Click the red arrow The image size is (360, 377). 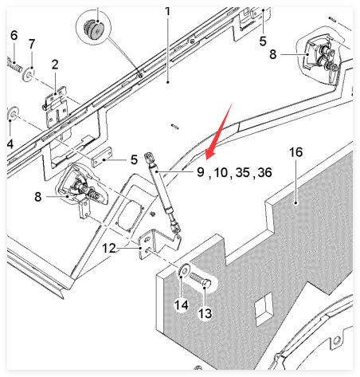(219, 132)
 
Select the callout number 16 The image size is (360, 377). (295, 152)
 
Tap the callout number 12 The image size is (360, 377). (109, 249)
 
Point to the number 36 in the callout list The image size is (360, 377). (264, 173)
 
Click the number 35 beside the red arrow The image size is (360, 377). (243, 173)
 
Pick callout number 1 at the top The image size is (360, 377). (167, 11)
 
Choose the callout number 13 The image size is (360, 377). (205, 313)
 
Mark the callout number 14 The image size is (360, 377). (182, 305)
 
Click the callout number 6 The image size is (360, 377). (14, 36)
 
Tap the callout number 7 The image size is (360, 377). (32, 44)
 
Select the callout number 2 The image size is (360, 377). (55, 65)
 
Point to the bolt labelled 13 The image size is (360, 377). (201, 281)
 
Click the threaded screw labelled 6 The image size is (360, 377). (14, 65)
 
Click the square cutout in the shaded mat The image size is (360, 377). (264, 309)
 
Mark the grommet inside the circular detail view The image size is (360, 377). (93, 29)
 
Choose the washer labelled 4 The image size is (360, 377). (13, 113)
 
